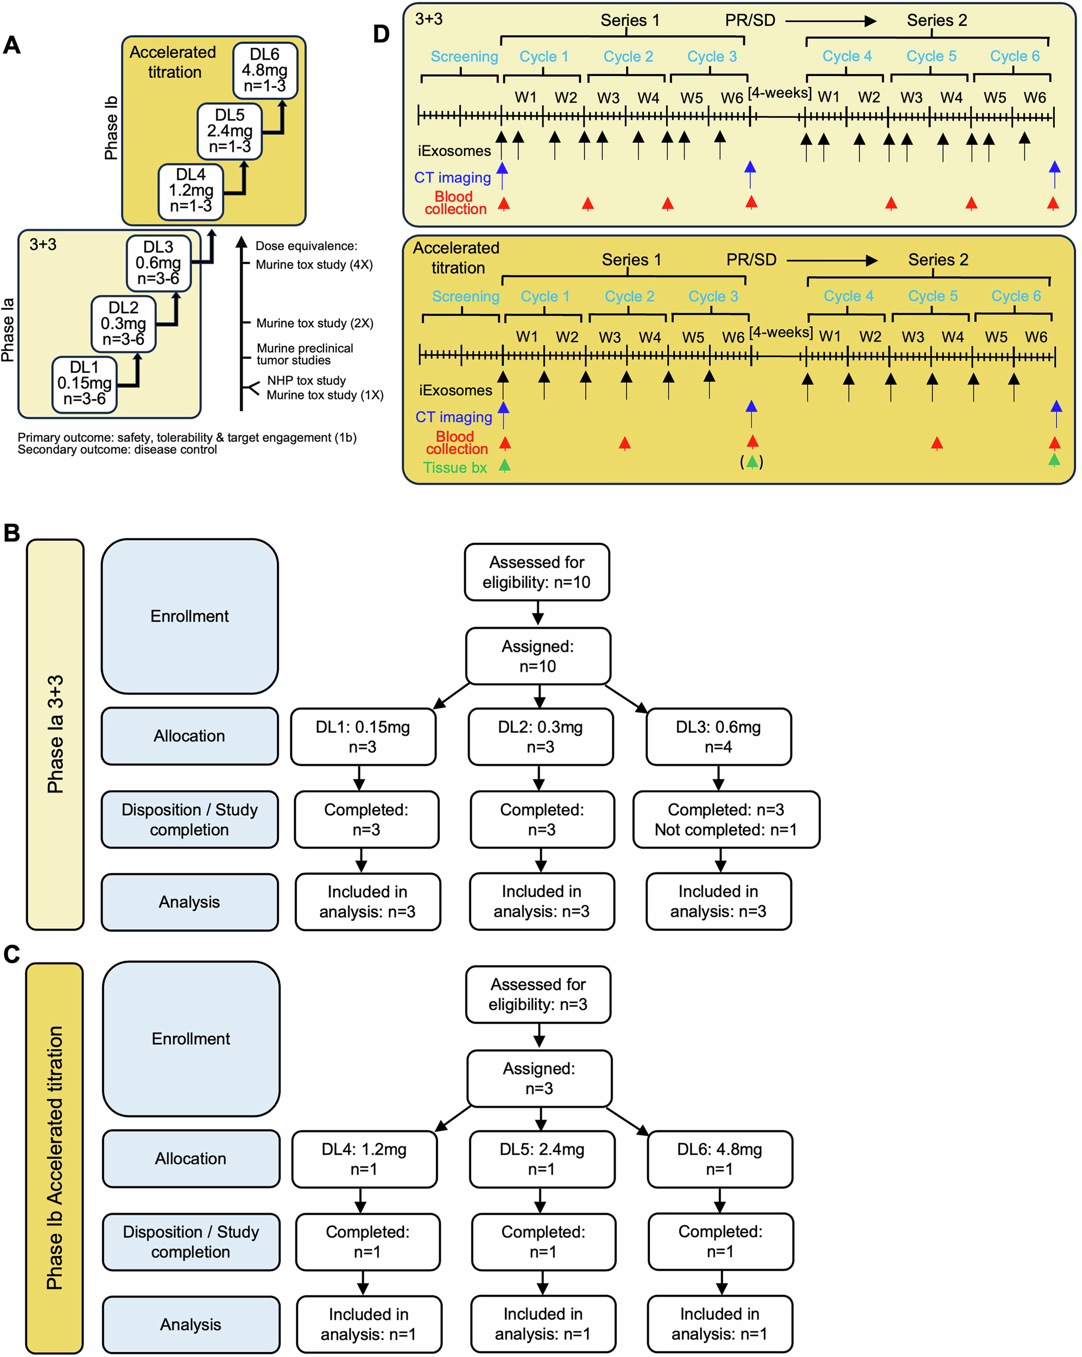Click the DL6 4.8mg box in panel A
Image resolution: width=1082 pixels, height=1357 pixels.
(x=264, y=71)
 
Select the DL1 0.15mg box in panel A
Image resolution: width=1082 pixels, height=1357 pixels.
(x=84, y=384)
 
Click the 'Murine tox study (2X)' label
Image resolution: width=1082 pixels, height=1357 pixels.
(x=314, y=323)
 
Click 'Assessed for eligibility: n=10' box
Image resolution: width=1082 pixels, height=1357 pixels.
(x=536, y=572)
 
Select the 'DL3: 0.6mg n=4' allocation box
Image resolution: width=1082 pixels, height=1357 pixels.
(x=718, y=737)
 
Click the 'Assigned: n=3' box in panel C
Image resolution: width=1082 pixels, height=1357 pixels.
(x=539, y=1077)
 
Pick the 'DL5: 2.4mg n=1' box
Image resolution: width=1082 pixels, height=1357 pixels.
(x=541, y=1159)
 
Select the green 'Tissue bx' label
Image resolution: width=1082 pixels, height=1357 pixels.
(x=454, y=468)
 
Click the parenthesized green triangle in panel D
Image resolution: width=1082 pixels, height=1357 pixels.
(x=751, y=462)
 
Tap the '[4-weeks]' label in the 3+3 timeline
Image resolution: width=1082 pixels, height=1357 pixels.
(x=779, y=93)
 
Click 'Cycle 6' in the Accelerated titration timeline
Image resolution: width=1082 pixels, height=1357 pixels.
(x=1015, y=296)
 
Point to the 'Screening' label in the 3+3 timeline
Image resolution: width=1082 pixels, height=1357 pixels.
(x=464, y=56)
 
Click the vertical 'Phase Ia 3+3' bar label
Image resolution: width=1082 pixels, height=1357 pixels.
(x=55, y=734)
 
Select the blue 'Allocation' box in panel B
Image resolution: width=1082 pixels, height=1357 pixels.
(x=189, y=736)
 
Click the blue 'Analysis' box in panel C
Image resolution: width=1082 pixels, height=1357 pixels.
(x=191, y=1324)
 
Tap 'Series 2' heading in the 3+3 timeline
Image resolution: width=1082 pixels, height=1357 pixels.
(x=936, y=20)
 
